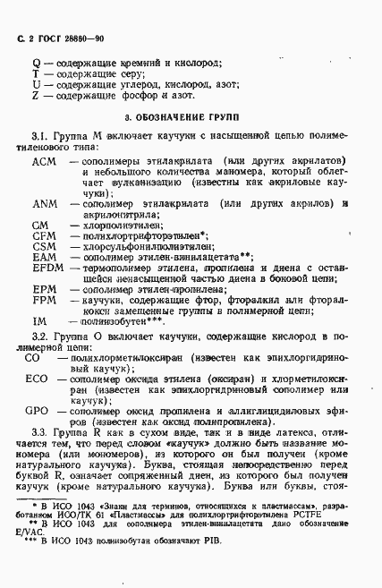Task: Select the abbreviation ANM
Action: click(44, 203)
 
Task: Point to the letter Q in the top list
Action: click(35, 64)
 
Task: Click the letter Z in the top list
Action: click(35, 95)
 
